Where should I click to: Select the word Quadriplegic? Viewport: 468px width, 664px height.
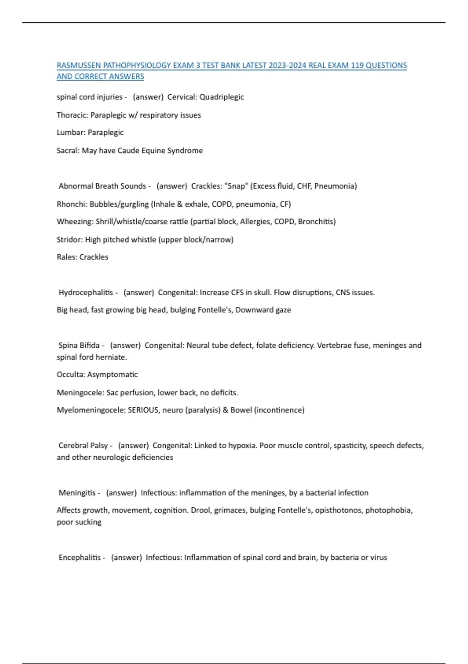tap(222, 97)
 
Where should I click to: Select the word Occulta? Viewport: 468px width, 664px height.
tap(70, 375)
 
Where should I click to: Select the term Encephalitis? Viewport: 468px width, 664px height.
tap(80, 557)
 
